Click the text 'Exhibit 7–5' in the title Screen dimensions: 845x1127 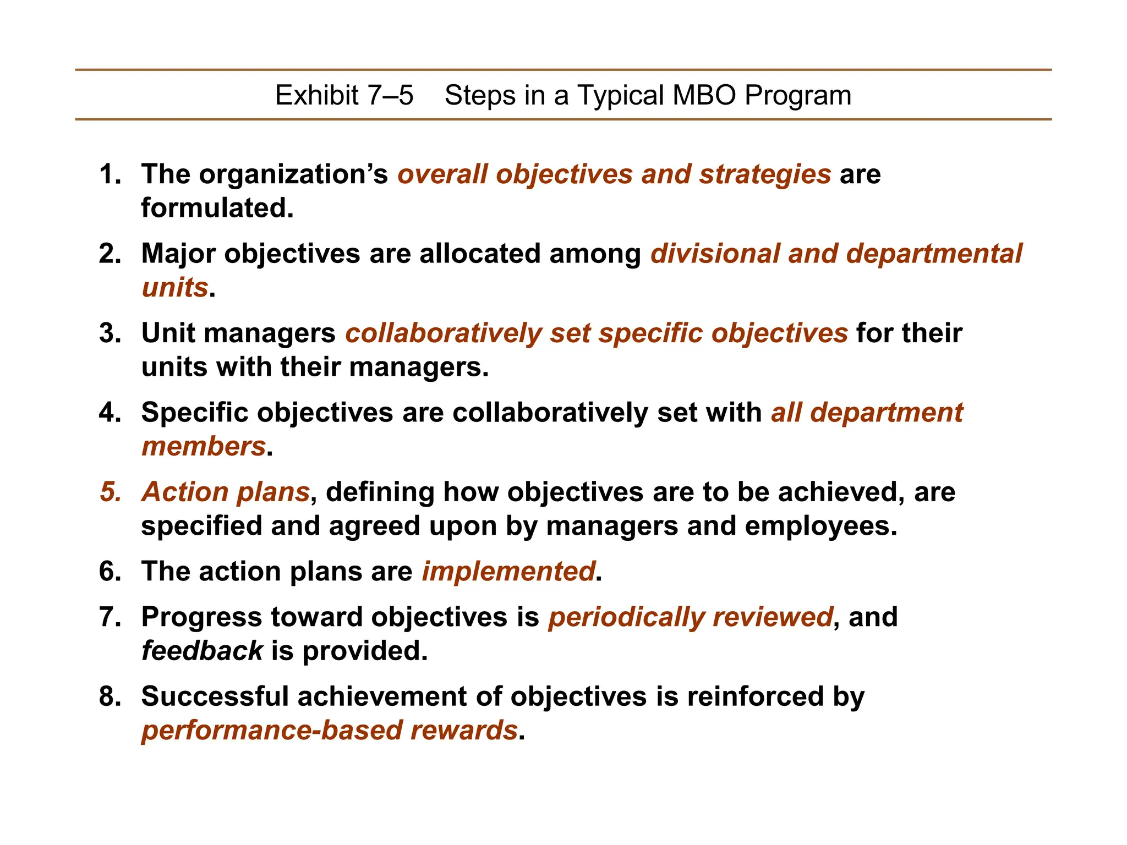344,95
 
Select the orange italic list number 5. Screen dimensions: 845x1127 110,492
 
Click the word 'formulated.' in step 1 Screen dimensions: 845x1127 217,208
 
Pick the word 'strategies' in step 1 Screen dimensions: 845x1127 765,174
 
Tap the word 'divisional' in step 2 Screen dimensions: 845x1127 715,254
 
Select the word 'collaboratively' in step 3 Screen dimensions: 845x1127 444,333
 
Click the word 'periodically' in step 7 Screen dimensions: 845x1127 626,617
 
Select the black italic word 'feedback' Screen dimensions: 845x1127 202,651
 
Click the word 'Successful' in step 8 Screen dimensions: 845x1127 215,696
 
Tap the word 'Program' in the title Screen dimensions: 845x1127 798,95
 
